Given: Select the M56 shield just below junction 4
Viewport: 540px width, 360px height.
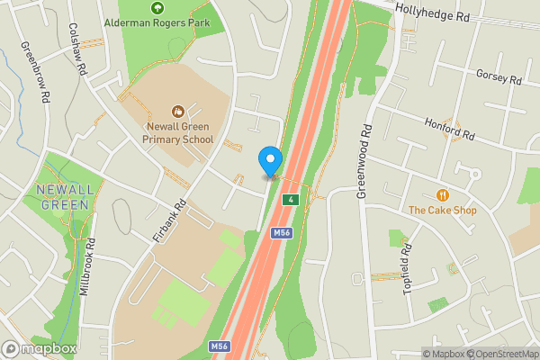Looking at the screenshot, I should (282, 233).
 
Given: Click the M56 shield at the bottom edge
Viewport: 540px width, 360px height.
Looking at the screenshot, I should (219, 346).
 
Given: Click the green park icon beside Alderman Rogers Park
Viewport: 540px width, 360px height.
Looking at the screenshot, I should (159, 7).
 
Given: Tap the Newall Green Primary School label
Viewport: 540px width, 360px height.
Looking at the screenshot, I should (180, 133).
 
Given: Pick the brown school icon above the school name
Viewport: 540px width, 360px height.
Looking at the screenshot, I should (178, 111).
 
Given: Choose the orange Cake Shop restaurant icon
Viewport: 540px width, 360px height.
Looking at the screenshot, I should (442, 195).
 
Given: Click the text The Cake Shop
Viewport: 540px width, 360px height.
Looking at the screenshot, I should (442, 211).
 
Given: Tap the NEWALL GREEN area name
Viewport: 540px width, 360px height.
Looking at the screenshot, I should (63, 197).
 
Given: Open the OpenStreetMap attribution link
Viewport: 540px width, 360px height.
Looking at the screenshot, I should (499, 353).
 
